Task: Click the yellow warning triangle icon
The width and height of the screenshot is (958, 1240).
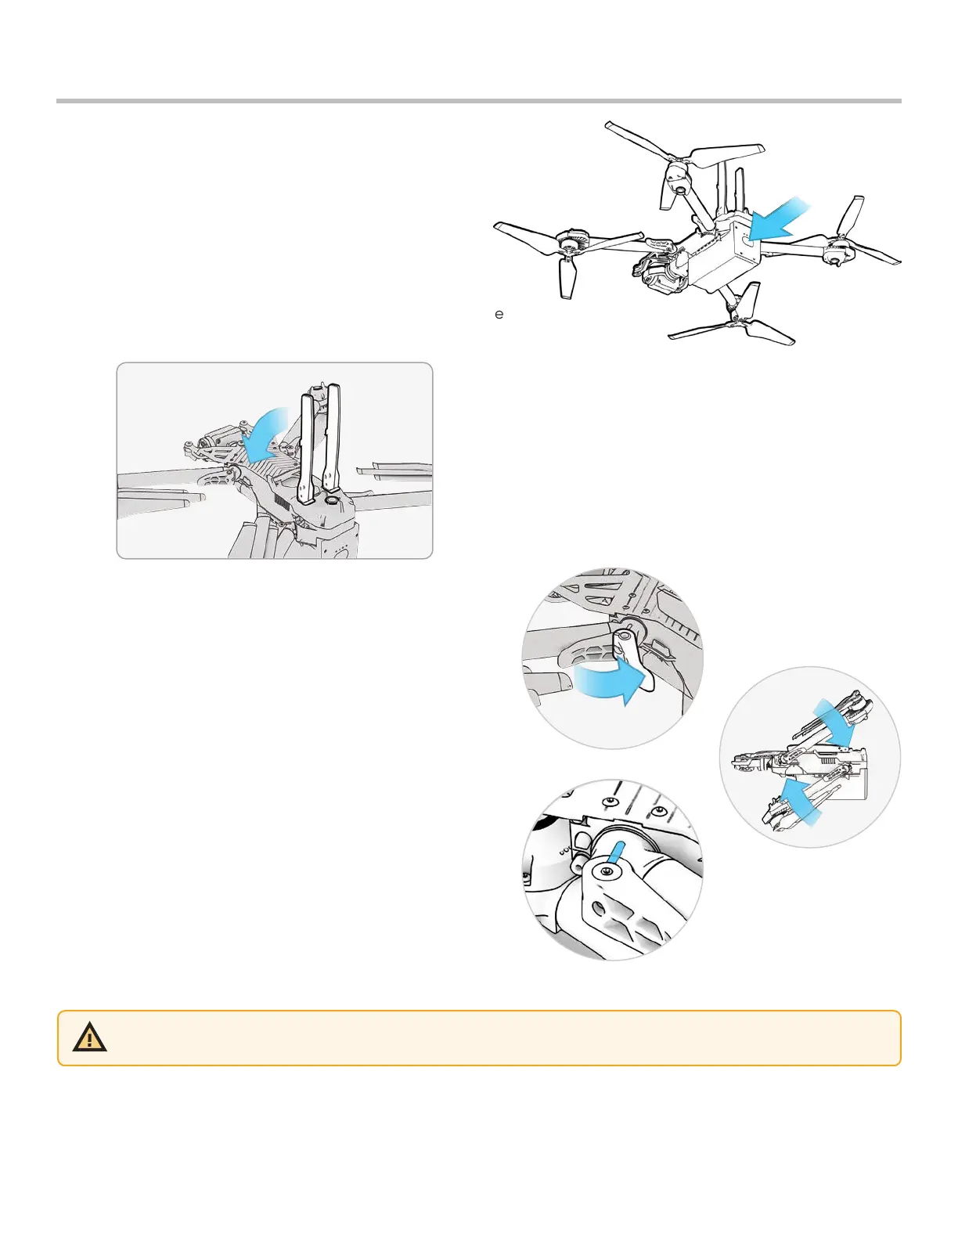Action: coord(90,1038)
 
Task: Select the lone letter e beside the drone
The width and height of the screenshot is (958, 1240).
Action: coord(499,315)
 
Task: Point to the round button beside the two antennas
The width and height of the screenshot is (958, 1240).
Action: coord(332,499)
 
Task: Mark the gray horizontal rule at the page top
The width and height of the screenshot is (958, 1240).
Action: coord(479,101)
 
